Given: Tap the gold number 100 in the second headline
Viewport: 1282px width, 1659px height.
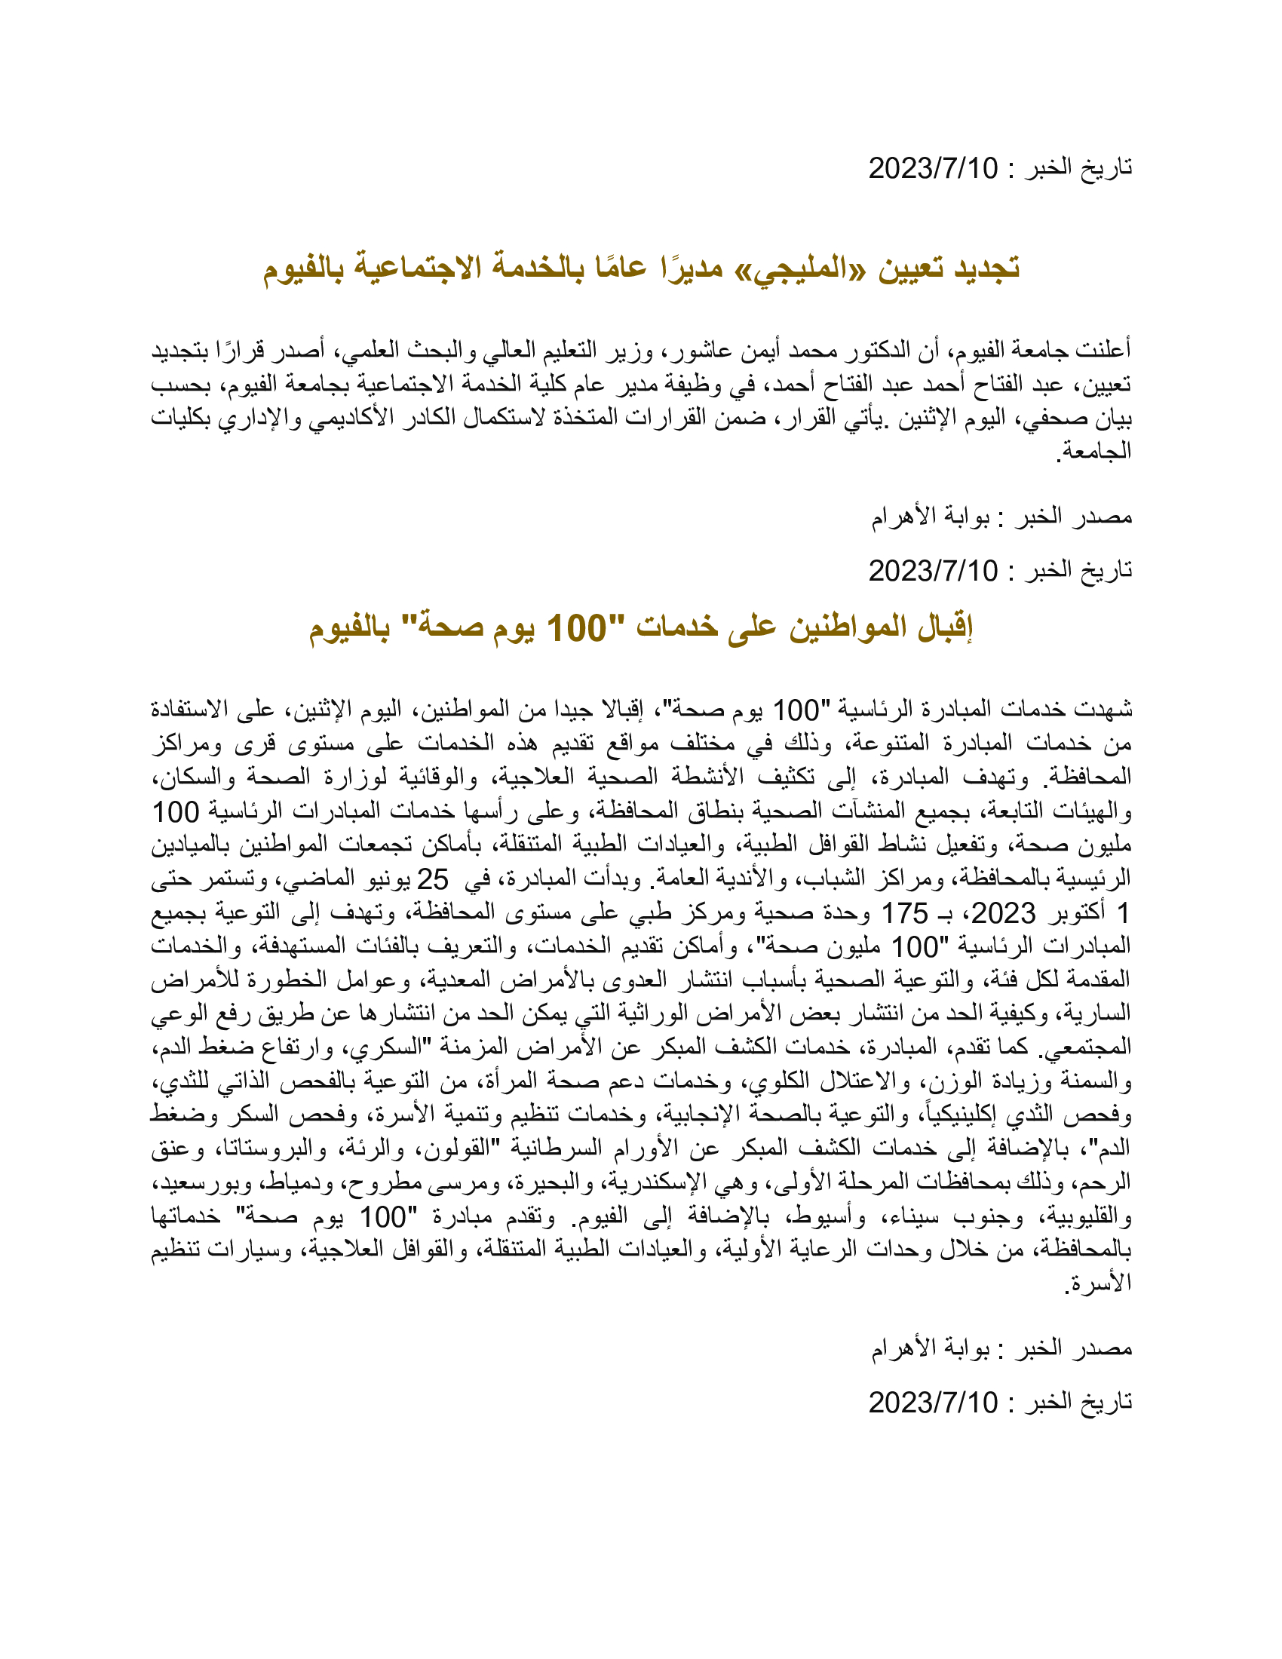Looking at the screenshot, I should pyautogui.click(x=576, y=628).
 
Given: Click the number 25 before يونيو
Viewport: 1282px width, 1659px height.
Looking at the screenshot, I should pyautogui.click(x=433, y=879).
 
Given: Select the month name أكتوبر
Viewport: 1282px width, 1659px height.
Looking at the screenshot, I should pyautogui.click(x=1078, y=912).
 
